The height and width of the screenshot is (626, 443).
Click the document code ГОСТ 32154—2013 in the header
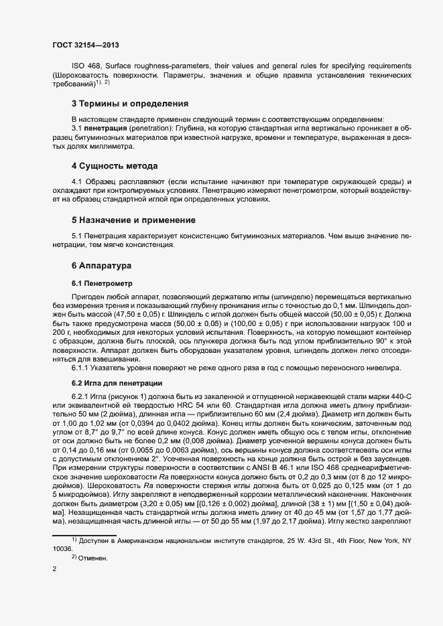tap(86, 45)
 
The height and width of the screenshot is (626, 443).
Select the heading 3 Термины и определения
tap(129, 104)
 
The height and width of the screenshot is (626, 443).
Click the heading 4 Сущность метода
tap(115, 165)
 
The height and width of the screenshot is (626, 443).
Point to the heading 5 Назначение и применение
tap(133, 220)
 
